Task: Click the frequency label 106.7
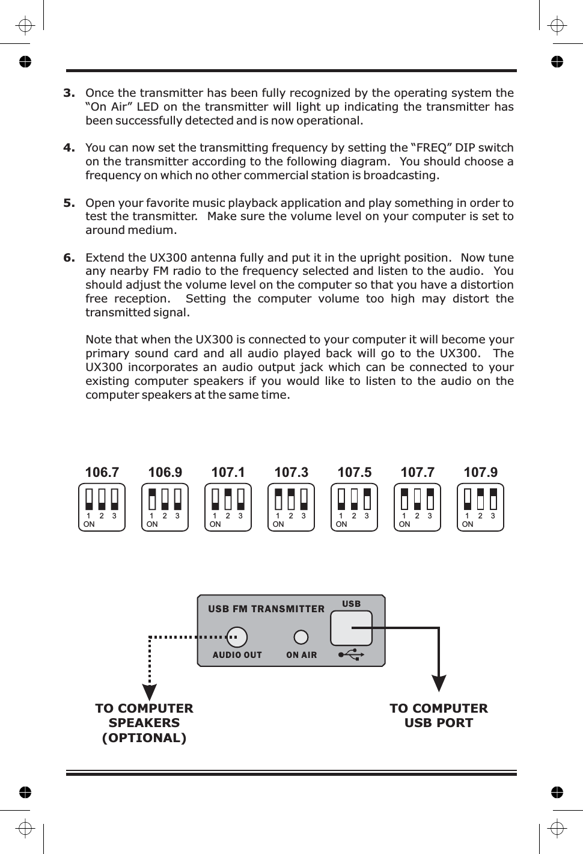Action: click(x=102, y=472)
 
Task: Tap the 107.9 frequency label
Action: click(x=480, y=472)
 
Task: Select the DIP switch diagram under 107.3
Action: click(x=291, y=507)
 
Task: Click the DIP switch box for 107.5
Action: click(x=354, y=507)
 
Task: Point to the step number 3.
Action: click(x=69, y=93)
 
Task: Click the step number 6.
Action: click(x=69, y=257)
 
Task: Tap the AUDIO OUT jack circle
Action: click(x=237, y=637)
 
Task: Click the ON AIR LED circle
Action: click(x=301, y=637)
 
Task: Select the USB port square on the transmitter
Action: click(x=351, y=628)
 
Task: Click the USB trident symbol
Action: click(x=351, y=654)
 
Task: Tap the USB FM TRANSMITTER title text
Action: click(x=266, y=609)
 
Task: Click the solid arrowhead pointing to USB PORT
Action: click(x=439, y=683)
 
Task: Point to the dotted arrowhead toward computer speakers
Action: click(x=150, y=692)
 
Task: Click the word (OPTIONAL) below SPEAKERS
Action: click(x=144, y=738)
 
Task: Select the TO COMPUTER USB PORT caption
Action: click(x=439, y=716)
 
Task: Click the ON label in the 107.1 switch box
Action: click(x=215, y=524)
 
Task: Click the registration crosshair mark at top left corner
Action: click(x=25, y=26)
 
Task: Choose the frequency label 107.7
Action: click(x=417, y=472)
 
